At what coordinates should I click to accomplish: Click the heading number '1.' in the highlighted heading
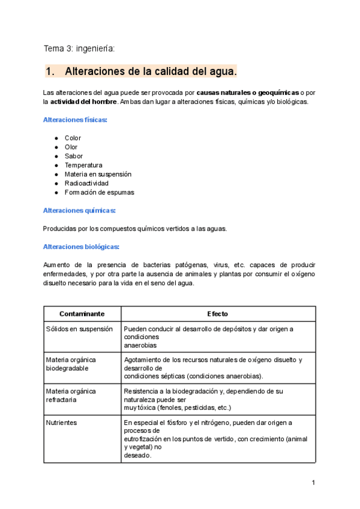pyautogui.click(x=50, y=71)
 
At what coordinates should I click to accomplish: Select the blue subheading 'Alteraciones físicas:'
pyautogui.click(x=75, y=120)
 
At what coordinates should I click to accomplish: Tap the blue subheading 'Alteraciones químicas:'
pyautogui.click(x=79, y=211)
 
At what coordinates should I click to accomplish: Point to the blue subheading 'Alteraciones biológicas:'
pyautogui.click(x=81, y=247)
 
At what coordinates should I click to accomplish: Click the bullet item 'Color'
pyautogui.click(x=73, y=138)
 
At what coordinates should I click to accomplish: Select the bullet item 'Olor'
pyautogui.click(x=71, y=147)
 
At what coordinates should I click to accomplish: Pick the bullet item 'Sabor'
pyautogui.click(x=73, y=156)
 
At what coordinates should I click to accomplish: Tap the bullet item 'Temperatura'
pyautogui.click(x=83, y=165)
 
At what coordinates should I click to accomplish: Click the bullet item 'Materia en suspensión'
pyautogui.click(x=98, y=174)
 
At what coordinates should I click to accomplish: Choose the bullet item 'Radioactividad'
pyautogui.click(x=86, y=183)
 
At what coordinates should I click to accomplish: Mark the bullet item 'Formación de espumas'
pyautogui.click(x=99, y=193)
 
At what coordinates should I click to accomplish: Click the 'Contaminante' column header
pyautogui.click(x=82, y=314)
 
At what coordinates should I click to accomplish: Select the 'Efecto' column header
pyautogui.click(x=217, y=314)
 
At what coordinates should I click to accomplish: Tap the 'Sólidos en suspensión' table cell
pyautogui.click(x=79, y=329)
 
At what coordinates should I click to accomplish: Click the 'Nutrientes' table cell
pyautogui.click(x=62, y=423)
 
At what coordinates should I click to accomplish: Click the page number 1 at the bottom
pyautogui.click(x=313, y=483)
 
